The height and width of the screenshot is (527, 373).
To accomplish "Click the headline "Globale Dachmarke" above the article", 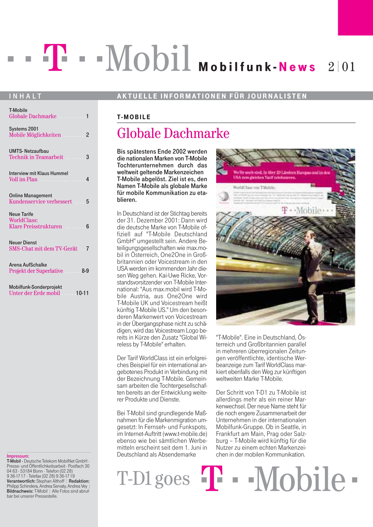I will pyautogui.click(x=173, y=134).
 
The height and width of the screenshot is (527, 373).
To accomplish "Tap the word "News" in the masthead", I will pyautogui.click(x=297, y=67).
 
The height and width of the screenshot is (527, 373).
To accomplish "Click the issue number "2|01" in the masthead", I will pyautogui.click(x=342, y=67).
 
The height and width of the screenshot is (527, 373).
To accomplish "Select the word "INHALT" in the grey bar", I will pyautogui.click(x=25, y=96).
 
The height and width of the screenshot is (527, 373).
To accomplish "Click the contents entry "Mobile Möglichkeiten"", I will pyautogui.click(x=35, y=135).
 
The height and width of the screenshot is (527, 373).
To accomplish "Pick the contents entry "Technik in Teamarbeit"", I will pyautogui.click(x=36, y=157).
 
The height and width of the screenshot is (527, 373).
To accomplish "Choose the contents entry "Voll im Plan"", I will pyautogui.click(x=23, y=179).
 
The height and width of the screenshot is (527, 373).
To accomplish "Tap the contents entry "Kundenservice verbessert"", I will pyautogui.click(x=40, y=202).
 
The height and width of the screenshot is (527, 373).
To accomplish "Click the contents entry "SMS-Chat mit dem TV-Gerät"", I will pyautogui.click(x=43, y=249).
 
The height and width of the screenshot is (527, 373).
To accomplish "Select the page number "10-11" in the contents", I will pyautogui.click(x=82, y=293).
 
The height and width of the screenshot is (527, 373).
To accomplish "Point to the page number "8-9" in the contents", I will pyautogui.click(x=85, y=271).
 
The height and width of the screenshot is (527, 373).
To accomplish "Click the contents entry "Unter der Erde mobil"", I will pyautogui.click(x=34, y=293).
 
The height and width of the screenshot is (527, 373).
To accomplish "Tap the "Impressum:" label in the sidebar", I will pyautogui.click(x=18, y=456).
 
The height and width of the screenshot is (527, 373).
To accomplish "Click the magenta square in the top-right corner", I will pyautogui.click(x=355, y=17).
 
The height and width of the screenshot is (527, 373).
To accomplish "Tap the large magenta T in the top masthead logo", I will pyautogui.click(x=55, y=57).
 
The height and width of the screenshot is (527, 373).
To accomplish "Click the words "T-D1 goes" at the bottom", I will pyautogui.click(x=153, y=479).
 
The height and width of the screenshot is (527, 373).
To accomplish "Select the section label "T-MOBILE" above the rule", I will pyautogui.click(x=134, y=117).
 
